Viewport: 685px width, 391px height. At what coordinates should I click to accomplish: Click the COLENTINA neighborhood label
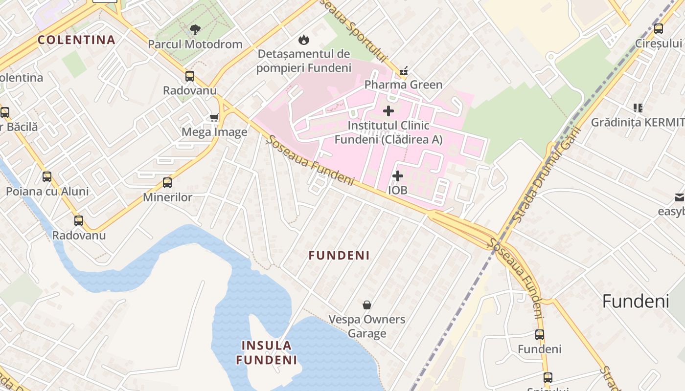76,40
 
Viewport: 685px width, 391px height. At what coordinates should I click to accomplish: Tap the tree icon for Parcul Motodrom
195,30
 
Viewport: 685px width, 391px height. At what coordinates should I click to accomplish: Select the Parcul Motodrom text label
195,44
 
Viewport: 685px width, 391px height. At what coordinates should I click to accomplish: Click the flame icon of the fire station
304,40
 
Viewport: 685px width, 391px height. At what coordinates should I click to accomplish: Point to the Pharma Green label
403,85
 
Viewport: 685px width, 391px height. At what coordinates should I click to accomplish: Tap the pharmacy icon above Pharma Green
403,71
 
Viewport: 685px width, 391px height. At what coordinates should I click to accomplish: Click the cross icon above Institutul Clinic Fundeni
388,111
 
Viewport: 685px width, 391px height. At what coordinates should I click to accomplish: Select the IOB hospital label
397,190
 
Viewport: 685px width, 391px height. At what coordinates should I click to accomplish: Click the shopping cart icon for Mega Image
214,117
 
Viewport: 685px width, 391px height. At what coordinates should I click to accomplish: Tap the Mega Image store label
214,132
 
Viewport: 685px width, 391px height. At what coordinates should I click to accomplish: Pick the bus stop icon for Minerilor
167,183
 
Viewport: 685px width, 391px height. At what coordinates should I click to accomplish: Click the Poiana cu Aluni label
47,191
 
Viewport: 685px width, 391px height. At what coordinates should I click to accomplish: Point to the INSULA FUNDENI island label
267,353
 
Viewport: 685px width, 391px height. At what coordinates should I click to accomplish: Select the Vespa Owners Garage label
367,326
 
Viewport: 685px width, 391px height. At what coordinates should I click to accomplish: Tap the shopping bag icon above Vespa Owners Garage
367,305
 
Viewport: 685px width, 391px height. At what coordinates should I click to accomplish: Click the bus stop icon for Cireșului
659,29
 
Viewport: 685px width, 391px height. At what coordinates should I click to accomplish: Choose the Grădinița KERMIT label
637,122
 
